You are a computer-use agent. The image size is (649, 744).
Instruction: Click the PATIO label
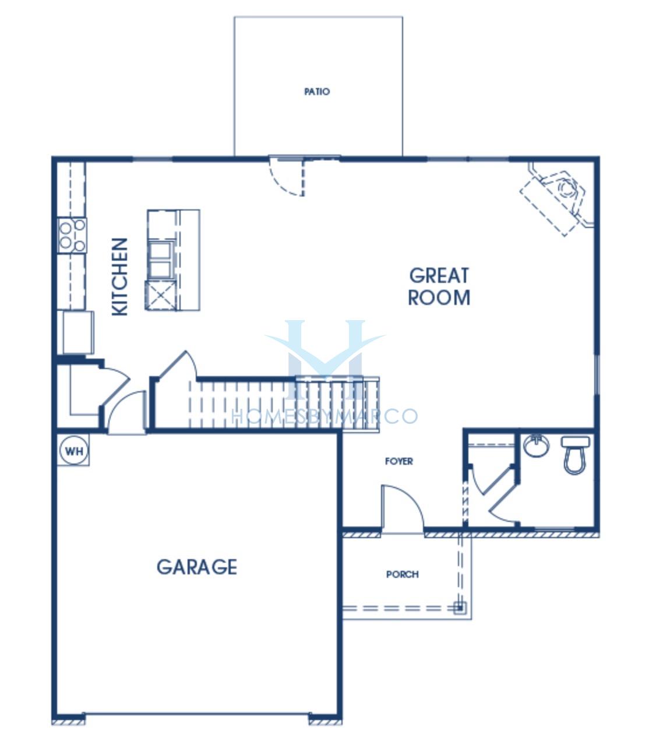tap(317, 92)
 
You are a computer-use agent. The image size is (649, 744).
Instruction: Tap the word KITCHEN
tap(119, 277)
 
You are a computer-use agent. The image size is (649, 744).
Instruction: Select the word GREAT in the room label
tap(439, 276)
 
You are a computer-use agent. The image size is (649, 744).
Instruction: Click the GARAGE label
tap(196, 567)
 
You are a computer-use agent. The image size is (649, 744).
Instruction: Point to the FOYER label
tap(398, 461)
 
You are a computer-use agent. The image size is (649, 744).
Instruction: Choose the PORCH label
tap(402, 574)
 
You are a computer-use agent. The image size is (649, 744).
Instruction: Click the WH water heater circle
tap(74, 451)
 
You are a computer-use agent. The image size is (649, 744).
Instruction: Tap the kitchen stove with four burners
tap(72, 236)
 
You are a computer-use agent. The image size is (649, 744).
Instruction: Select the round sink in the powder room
tap(537, 445)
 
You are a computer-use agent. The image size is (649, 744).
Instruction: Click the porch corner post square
tap(460, 607)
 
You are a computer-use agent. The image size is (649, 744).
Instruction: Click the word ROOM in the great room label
tap(439, 297)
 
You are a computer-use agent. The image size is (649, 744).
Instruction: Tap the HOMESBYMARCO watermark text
tap(324, 416)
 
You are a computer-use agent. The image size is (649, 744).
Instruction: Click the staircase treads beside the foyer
tap(284, 405)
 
